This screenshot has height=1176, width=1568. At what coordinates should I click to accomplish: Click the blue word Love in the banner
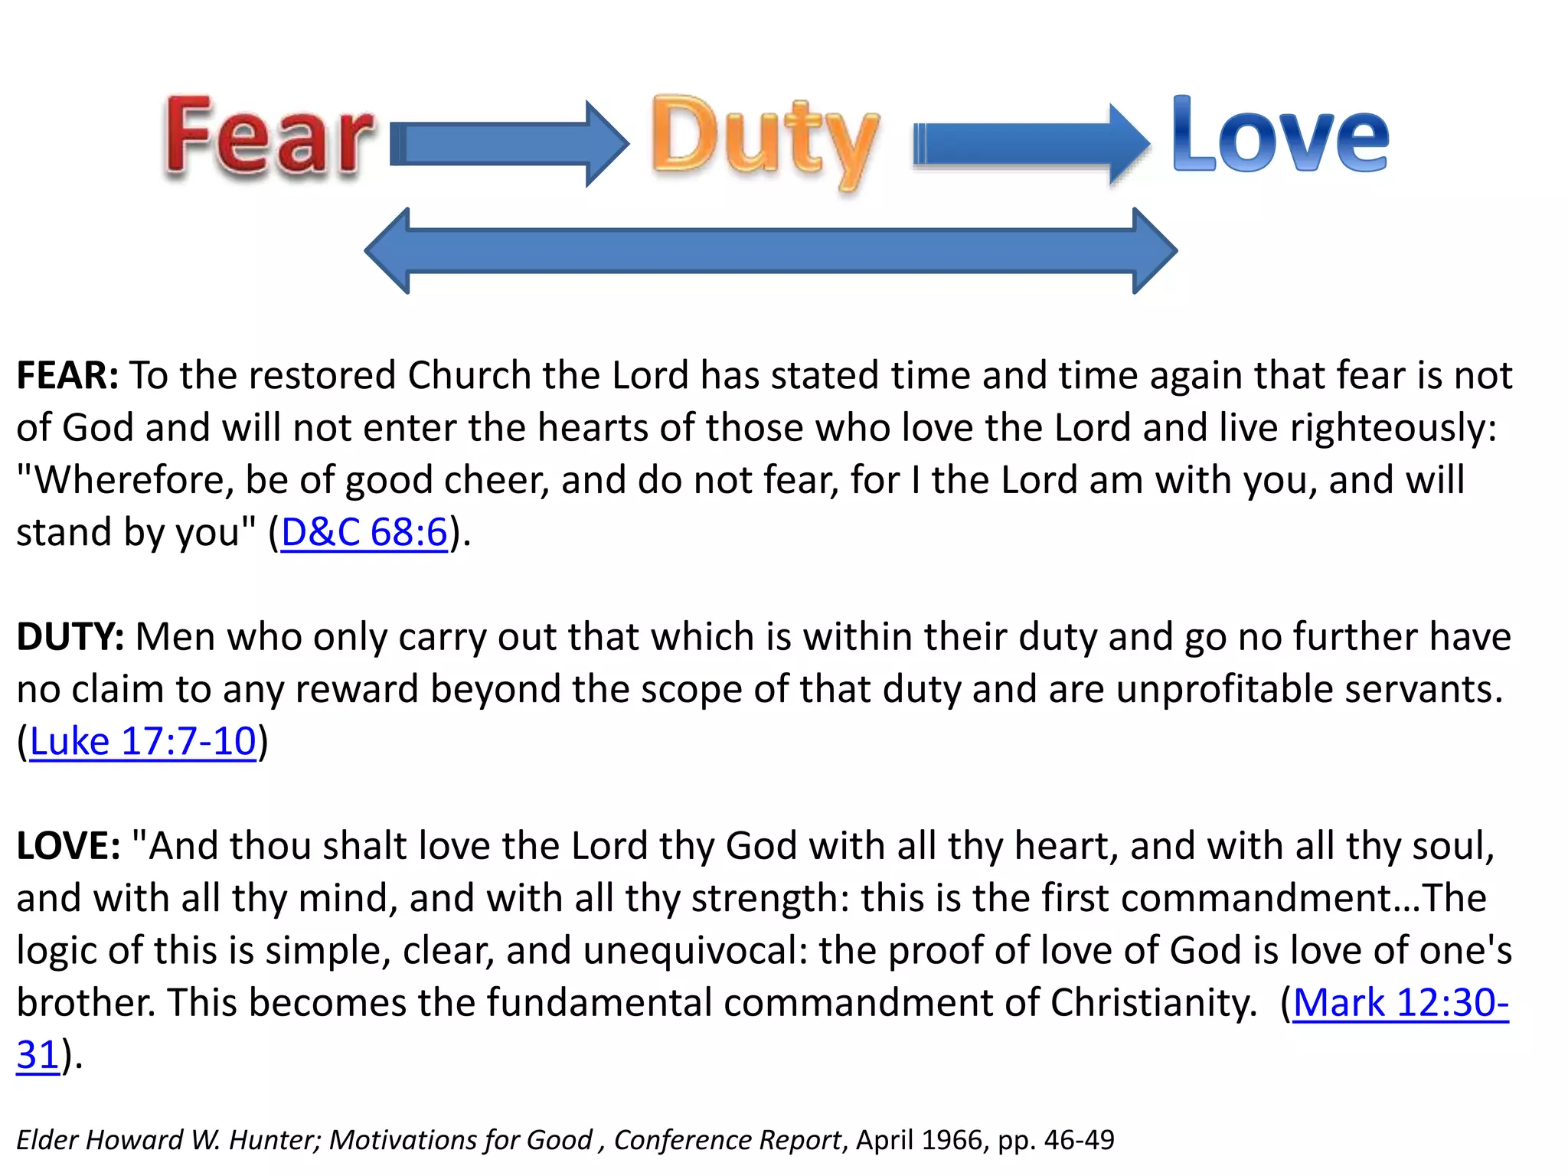click(1280, 136)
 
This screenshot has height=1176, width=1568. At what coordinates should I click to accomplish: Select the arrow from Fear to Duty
click(509, 144)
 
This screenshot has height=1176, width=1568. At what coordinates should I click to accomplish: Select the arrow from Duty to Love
click(1030, 144)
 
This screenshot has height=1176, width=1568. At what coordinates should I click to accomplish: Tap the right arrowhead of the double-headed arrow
click(1154, 250)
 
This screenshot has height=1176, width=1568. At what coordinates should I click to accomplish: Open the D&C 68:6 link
click(364, 532)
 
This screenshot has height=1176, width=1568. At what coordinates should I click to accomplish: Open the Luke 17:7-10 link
click(142, 741)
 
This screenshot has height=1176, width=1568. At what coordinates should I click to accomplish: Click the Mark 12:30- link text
click(1400, 1002)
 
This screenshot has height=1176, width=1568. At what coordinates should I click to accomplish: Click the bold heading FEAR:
click(67, 376)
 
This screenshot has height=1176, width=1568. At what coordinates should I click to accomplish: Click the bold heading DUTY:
click(70, 637)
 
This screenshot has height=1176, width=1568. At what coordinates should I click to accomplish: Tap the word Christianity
click(1153, 1002)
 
